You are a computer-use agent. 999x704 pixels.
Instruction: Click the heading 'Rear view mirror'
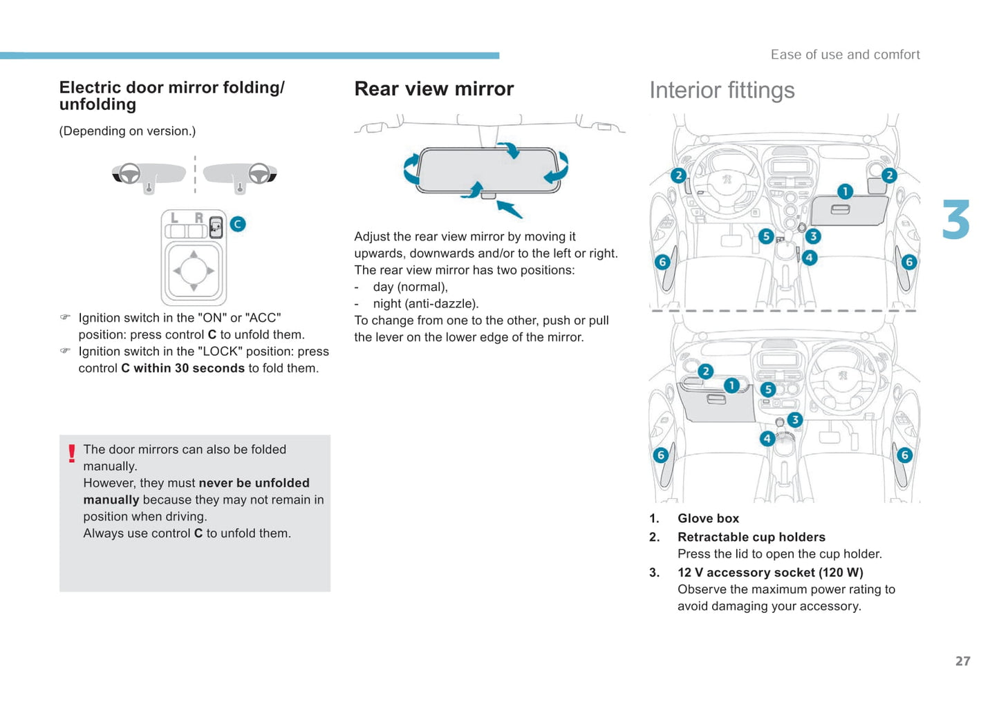pos(433,89)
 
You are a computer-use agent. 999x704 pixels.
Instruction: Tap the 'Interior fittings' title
pos(722,91)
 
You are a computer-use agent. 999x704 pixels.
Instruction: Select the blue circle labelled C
pos(238,224)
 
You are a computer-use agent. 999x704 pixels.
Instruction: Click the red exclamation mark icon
pos(72,453)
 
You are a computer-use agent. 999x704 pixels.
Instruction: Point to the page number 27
pos(962,661)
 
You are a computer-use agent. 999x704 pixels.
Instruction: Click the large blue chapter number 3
pos(956,220)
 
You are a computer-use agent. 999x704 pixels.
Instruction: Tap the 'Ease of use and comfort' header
pos(845,55)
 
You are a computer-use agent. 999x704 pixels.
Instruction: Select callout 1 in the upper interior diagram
pos(845,191)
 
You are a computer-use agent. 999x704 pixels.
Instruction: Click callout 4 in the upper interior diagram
pos(809,258)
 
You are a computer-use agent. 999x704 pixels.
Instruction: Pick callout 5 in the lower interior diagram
pos(768,390)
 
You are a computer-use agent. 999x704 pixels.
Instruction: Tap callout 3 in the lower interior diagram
pos(795,419)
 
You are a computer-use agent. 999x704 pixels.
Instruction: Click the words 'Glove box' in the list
pos(708,518)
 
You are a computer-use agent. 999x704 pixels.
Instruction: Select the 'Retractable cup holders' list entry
pos(751,537)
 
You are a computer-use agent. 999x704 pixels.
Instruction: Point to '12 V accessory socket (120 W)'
pos(770,572)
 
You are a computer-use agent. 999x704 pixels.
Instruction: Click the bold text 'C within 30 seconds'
pos(183,368)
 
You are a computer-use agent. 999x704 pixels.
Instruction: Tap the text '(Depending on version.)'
pos(127,131)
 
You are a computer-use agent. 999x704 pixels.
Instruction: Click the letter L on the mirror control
pos(174,218)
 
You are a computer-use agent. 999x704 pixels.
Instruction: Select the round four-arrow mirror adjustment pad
pos(194,271)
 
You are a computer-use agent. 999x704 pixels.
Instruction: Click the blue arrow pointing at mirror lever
pos(510,209)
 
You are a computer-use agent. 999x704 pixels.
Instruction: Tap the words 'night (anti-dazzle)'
pos(425,303)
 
